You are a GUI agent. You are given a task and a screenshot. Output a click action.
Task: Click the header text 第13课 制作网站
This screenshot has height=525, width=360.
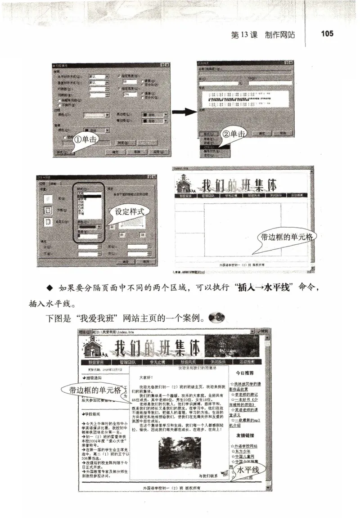tap(263, 35)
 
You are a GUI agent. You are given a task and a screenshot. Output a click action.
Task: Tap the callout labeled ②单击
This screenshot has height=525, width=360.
tap(234, 134)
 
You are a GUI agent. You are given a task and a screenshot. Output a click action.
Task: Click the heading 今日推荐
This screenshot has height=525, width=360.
tap(245, 372)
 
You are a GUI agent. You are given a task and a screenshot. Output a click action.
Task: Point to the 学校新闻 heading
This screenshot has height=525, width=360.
tap(96, 413)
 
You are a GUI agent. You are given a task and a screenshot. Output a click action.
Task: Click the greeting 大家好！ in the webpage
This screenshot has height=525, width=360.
tap(147, 377)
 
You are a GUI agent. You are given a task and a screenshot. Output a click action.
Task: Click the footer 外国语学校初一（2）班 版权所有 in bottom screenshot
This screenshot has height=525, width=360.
tap(171, 488)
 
